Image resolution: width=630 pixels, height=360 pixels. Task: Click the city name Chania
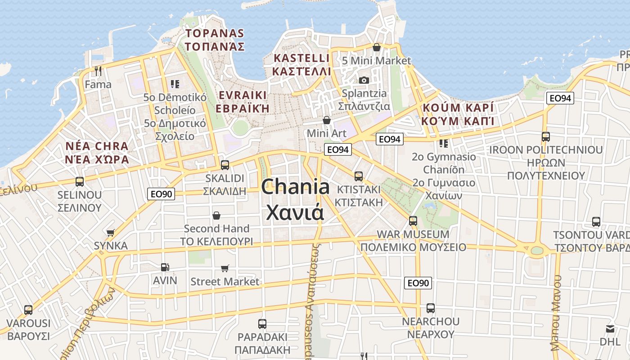point(295,187)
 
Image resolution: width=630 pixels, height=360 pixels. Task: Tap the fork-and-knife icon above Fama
point(98,71)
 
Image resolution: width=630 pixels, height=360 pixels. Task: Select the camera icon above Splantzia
point(364,80)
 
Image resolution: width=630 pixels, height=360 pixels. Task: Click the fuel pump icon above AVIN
point(165,267)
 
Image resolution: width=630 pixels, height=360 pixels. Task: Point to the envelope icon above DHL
point(610,329)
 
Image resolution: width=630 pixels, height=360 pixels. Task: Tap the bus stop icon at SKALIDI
point(225,165)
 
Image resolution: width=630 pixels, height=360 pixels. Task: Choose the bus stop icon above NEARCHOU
point(431,308)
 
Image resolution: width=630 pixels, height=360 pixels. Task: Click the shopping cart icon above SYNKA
point(111,233)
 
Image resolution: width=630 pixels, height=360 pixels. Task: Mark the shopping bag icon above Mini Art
point(327,120)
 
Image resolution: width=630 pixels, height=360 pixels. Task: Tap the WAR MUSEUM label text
point(413,234)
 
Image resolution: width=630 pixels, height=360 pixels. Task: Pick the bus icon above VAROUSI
point(28,310)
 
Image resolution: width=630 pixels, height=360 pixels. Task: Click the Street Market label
point(225,282)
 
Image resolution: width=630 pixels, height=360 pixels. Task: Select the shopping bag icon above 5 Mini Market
point(377,47)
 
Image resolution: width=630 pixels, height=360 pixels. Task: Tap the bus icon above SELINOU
point(80,182)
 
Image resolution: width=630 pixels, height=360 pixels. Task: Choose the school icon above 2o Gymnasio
point(444,144)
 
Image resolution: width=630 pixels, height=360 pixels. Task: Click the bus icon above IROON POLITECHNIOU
point(546,136)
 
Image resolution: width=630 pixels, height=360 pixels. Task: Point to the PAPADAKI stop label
point(262,337)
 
